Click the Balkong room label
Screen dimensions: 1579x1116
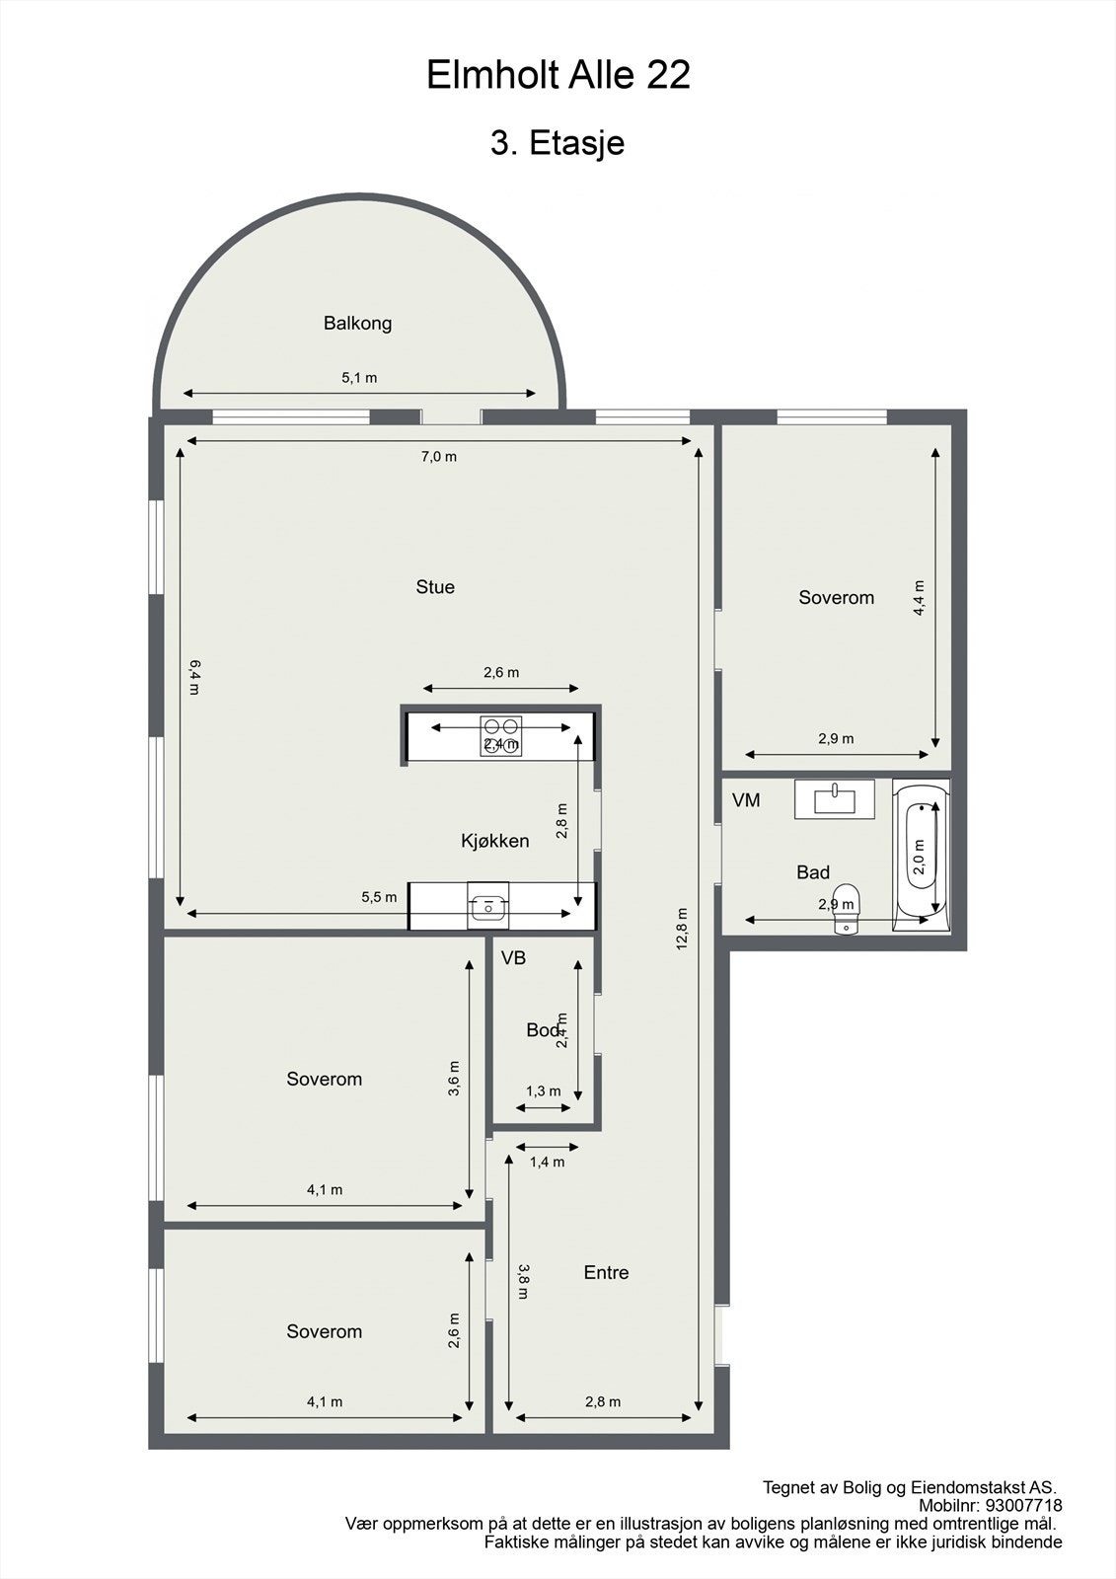pos(357,323)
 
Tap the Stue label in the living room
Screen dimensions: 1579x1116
pos(435,587)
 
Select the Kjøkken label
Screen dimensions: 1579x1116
pos(494,841)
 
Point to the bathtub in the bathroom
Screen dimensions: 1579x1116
pos(921,855)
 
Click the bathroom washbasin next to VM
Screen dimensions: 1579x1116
pos(834,798)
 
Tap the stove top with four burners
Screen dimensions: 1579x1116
pos(500,735)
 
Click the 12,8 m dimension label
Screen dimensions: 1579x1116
pos(682,929)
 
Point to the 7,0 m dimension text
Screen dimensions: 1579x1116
pos(439,457)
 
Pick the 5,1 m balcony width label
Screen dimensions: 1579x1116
pos(359,378)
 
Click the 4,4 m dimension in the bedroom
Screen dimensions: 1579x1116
pos(919,598)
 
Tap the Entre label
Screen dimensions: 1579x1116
pos(606,1273)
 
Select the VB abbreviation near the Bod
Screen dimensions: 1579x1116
pos(513,958)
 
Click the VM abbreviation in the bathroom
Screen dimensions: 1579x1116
pos(746,800)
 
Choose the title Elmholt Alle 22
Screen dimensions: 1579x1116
pos(558,75)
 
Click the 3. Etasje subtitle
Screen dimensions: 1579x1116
pos(558,143)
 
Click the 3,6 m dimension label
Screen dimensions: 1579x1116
pos(454,1079)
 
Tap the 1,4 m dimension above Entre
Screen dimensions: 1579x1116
pos(547,1162)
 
